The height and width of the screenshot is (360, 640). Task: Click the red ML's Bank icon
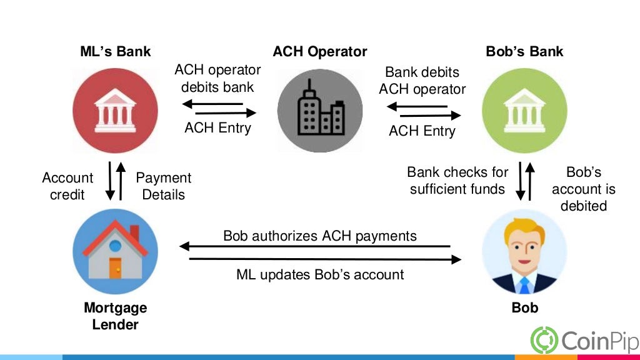pos(116,111)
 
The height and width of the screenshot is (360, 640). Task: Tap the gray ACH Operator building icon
pos(320,111)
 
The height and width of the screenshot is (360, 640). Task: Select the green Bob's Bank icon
pos(524,111)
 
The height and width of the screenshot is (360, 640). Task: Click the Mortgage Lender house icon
pos(116,251)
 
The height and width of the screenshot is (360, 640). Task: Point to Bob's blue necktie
pos(524,285)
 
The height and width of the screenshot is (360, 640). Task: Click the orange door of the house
pos(116,268)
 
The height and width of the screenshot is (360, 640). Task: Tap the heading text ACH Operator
pos(320,52)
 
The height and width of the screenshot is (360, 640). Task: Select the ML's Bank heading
pos(116,52)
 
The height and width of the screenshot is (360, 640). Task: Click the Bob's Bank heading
pos(524,52)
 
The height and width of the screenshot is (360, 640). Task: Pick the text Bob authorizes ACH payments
pos(320,236)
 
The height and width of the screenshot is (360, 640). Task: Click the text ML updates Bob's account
pos(320,274)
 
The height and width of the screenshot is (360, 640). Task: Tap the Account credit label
pos(67,186)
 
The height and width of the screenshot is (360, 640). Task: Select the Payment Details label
pos(164,186)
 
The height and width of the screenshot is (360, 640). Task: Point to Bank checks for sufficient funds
pos(457,180)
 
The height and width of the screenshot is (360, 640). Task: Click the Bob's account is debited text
pos(584,189)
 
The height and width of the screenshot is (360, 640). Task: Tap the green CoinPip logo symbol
pos(544,339)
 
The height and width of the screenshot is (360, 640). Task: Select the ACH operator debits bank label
pos(217,79)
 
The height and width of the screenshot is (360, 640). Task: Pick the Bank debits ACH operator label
pos(422,81)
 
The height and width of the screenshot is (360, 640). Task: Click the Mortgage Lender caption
pos(116,316)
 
